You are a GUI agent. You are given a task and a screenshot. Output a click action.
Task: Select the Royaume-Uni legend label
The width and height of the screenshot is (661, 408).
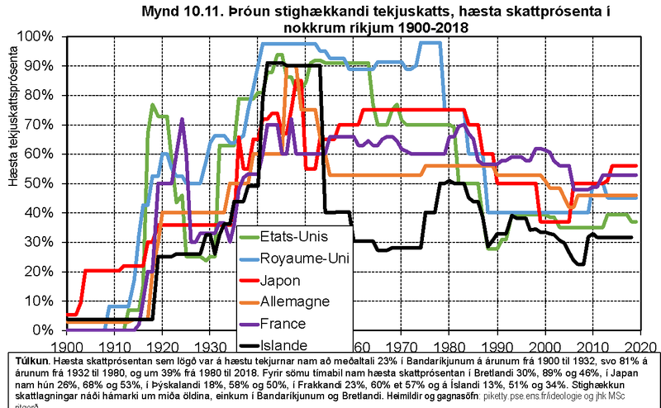coord(305,259)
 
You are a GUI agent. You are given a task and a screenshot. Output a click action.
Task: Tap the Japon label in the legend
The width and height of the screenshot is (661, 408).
coord(282,280)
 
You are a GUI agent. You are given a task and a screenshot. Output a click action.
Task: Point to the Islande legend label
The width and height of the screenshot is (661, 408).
coord(285,345)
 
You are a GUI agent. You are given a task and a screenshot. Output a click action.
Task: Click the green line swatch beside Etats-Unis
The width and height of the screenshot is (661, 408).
coord(249,237)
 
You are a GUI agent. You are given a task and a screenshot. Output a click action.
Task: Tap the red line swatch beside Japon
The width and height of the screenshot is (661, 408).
coord(249,281)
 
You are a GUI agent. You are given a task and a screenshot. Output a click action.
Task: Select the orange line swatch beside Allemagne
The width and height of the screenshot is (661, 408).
coord(249,302)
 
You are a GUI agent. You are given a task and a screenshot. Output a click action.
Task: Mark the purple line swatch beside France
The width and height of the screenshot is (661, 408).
coord(249,324)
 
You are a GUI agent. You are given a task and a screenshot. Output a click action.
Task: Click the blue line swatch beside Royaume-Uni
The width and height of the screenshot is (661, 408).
coord(249,259)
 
